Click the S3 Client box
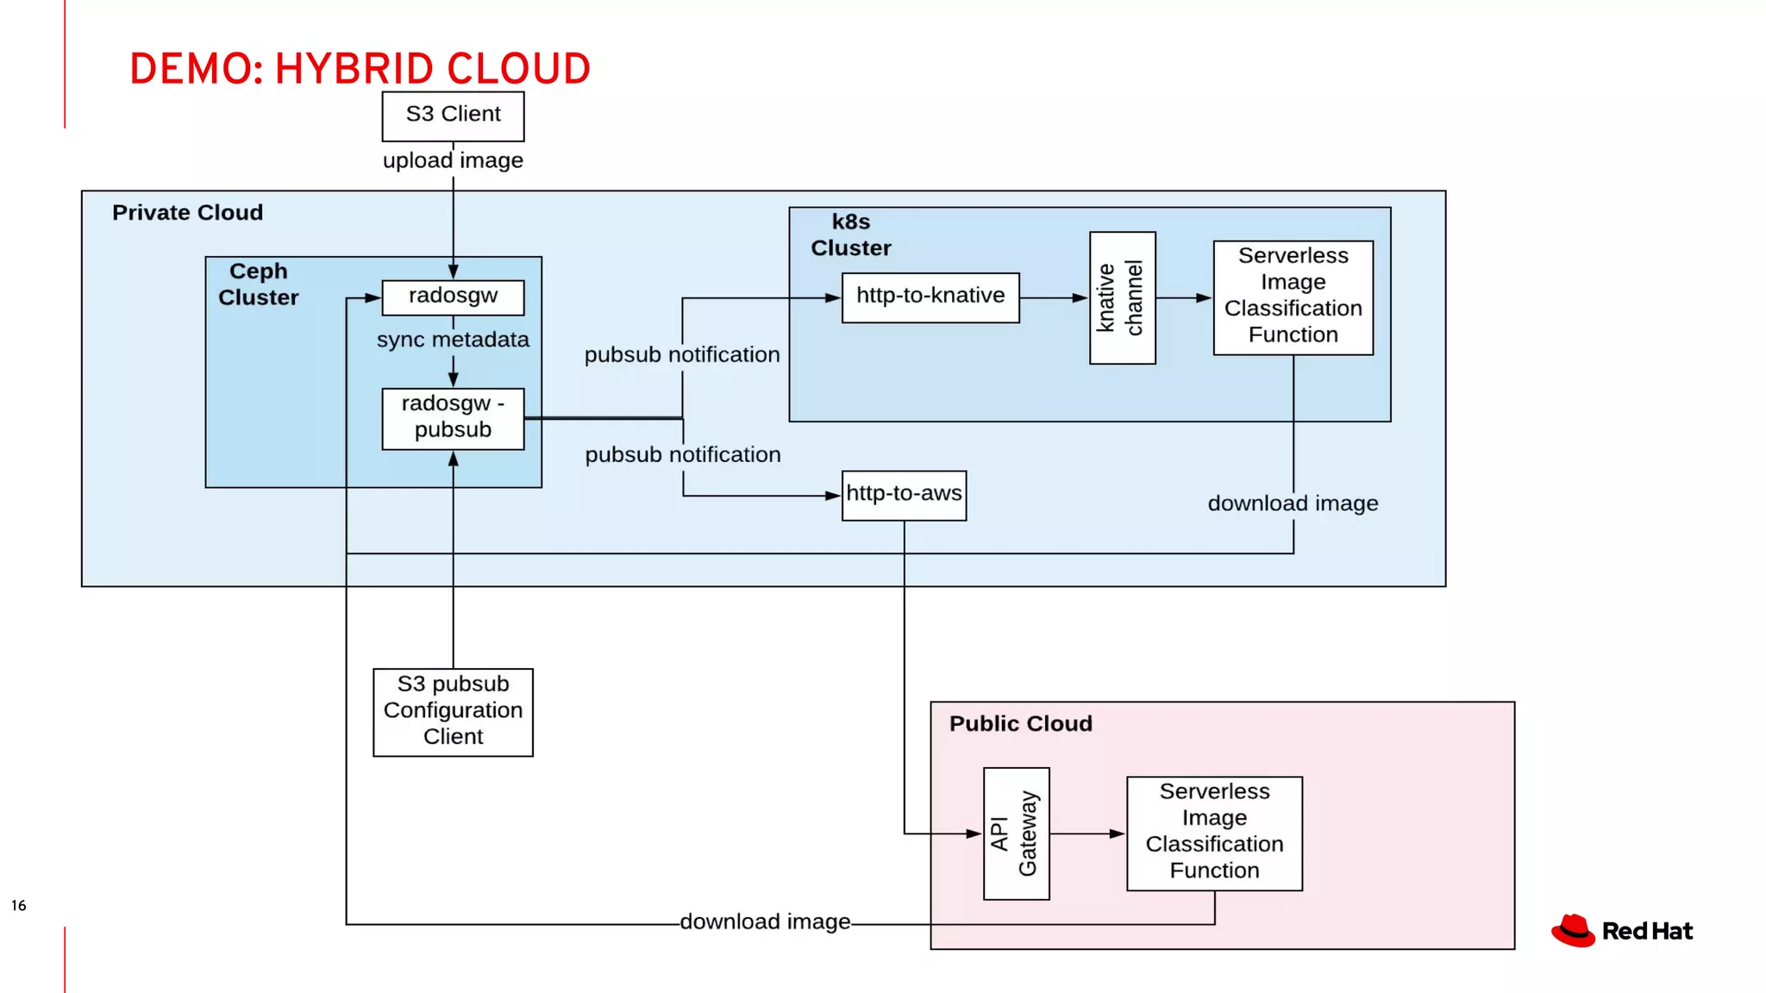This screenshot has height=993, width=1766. click(453, 116)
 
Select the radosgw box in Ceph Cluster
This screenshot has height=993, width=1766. click(453, 297)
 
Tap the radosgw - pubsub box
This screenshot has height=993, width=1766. click(453, 418)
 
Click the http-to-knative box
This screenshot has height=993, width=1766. click(930, 297)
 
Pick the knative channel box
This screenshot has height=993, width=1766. click(1122, 297)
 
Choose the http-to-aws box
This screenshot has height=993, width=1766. click(904, 495)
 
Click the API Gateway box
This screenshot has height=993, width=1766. click(1016, 834)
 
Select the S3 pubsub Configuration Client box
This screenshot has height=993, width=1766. click(453, 712)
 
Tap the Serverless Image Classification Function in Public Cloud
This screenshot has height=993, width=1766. click(1214, 833)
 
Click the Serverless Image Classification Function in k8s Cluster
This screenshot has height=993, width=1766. click(1293, 297)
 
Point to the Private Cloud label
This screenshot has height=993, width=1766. click(187, 213)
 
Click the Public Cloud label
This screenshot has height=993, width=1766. click(1020, 723)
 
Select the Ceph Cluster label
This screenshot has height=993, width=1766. click(258, 284)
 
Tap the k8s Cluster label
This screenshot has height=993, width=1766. click(850, 234)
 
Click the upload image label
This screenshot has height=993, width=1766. click(453, 161)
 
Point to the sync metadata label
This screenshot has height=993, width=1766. click(453, 340)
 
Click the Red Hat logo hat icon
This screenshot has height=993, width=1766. click(1573, 931)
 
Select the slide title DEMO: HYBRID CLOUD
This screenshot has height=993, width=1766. click(360, 69)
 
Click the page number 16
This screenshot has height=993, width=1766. click(19, 905)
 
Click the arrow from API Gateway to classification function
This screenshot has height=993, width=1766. click(1087, 834)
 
